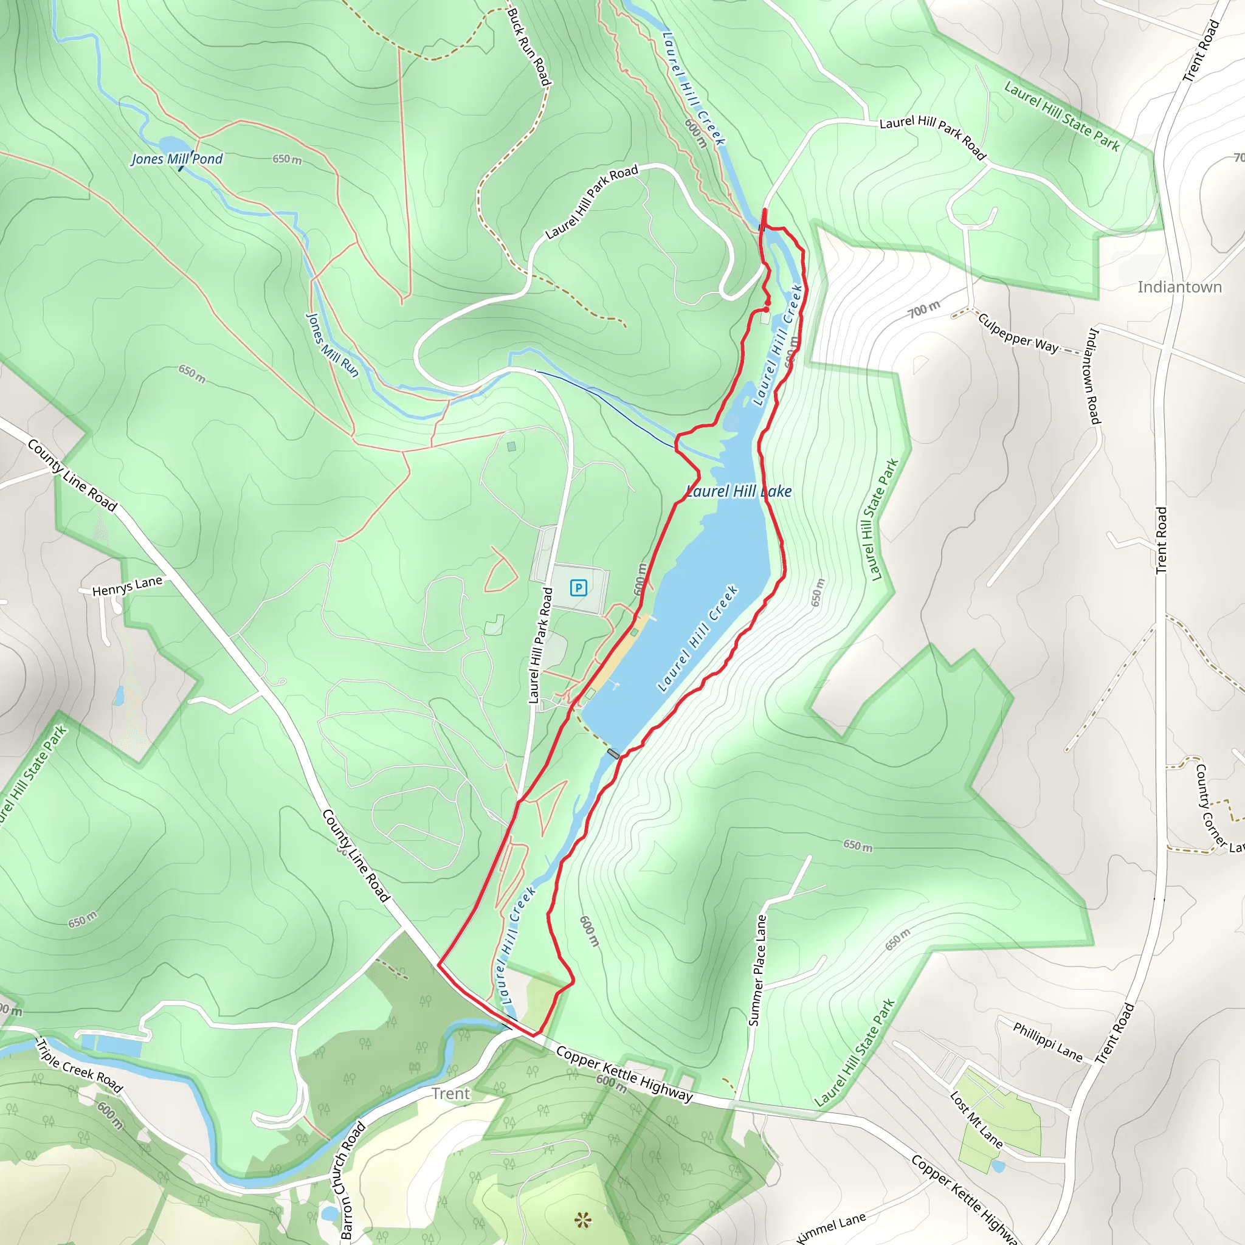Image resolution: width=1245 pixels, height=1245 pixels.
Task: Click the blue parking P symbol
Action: click(578, 587)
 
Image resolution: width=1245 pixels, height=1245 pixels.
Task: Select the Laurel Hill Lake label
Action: click(739, 491)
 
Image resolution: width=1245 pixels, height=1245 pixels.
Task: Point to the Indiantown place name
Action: click(1179, 288)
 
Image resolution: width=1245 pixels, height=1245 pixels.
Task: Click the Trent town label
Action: click(450, 1094)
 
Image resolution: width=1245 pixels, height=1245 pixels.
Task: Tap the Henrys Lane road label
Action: click(127, 587)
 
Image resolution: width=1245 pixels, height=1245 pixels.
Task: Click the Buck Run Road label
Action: click(529, 47)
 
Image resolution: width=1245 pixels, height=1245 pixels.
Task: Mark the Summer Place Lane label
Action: click(757, 970)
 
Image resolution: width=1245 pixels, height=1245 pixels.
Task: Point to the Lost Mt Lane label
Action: click(976, 1119)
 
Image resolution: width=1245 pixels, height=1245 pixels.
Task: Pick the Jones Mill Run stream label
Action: click(331, 345)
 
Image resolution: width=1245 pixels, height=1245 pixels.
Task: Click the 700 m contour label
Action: click(924, 309)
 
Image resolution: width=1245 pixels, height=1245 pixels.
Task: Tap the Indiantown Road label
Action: click(1094, 376)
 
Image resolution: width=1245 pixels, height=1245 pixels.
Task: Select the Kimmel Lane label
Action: click(831, 1227)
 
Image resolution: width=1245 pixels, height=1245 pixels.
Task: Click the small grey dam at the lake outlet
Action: click(613, 753)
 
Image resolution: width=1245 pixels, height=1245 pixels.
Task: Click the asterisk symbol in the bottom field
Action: click(583, 1219)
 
